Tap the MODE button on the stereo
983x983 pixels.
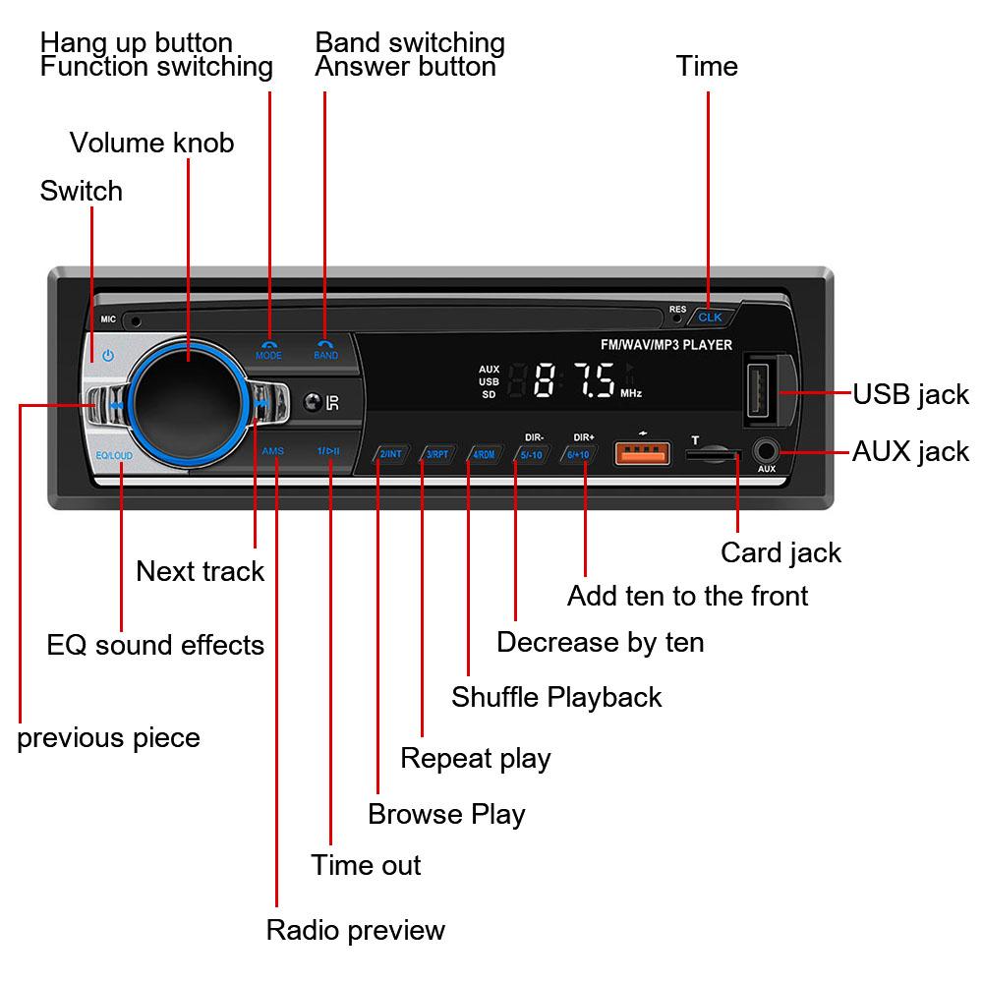point(268,349)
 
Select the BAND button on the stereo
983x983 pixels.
point(325,349)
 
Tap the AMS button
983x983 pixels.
point(273,450)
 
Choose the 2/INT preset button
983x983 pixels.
point(391,454)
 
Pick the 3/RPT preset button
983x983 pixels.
point(437,454)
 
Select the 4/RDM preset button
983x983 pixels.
point(485,454)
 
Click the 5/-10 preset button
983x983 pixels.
point(532,454)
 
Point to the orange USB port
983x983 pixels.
point(643,453)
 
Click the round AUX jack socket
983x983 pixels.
point(767,452)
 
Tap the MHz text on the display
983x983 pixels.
point(631,393)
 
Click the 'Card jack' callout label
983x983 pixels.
point(781,552)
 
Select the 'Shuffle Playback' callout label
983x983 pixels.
point(556,697)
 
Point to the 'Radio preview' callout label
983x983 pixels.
point(356,930)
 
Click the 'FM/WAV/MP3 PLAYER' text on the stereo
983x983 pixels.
point(665,344)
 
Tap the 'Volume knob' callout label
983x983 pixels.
point(151,143)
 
